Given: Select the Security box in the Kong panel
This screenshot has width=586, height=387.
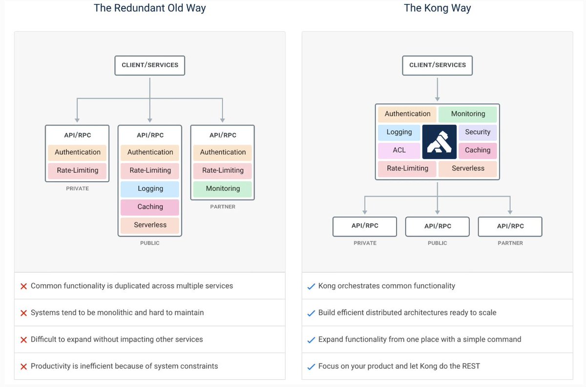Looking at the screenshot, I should coord(477,132).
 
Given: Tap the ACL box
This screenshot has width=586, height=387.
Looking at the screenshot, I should coord(399,150).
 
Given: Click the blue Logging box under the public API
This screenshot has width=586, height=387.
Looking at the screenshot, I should coord(150,189).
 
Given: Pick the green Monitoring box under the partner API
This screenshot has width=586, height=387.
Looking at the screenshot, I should coord(223,189).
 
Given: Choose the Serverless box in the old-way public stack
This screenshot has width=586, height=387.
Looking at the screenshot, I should coord(150,225).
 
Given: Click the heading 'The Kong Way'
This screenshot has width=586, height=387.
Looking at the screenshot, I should coord(437,8).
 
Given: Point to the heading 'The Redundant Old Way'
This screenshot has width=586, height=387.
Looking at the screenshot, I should coord(149,8).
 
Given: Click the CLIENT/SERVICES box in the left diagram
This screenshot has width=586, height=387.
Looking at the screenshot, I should coord(150,65).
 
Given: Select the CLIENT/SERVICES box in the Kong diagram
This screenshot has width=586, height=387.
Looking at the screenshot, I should coord(437,65).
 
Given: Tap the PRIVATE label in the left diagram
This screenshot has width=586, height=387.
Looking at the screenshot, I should coord(77,188).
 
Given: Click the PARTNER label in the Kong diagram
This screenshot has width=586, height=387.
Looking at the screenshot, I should coord(510,243).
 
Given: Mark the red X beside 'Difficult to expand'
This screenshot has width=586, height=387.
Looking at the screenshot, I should coord(23,340).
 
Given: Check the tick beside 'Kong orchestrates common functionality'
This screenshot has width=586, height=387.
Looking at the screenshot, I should coord(311,286).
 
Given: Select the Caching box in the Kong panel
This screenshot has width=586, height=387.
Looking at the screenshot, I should coord(477,150).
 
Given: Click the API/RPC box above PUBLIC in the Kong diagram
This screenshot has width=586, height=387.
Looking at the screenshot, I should coord(437,226).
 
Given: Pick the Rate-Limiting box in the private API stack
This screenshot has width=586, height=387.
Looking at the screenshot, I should coord(77,170).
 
